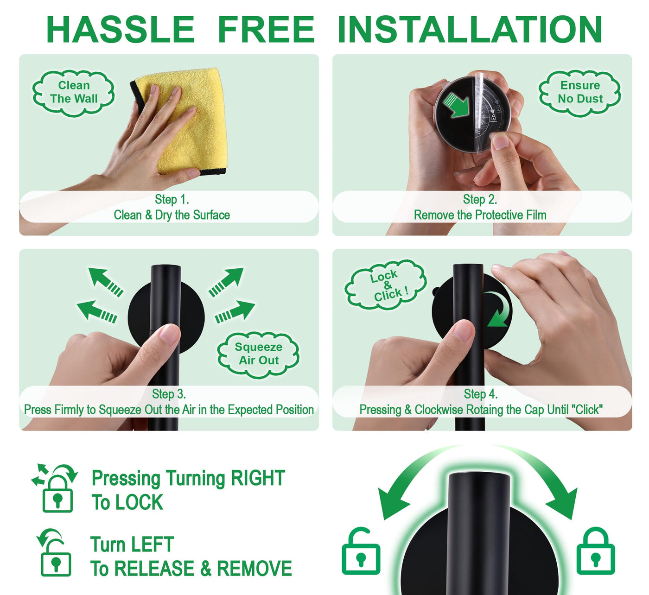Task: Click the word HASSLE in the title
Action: [120, 29]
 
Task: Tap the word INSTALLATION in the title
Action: [470, 29]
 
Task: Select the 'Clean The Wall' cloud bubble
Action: [73, 93]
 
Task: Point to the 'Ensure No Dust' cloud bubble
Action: [579, 93]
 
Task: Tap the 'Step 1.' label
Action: [172, 199]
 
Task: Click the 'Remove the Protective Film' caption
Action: [480, 215]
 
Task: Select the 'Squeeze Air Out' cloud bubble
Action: [258, 354]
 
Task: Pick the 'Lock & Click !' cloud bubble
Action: [385, 285]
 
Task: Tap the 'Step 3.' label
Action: [169, 394]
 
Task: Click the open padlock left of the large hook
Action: [361, 551]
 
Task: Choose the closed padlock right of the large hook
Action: [596, 551]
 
